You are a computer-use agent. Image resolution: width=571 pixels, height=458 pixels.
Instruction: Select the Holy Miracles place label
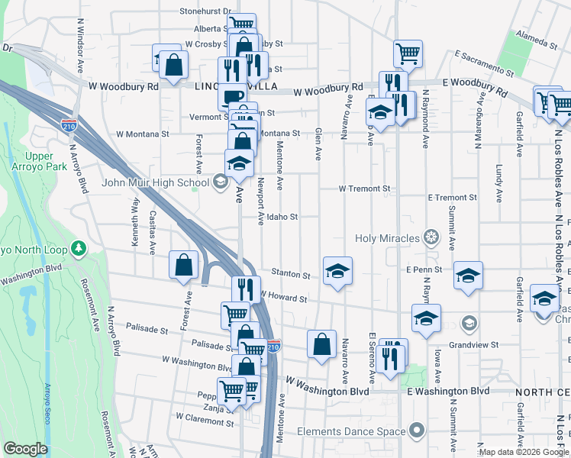387,238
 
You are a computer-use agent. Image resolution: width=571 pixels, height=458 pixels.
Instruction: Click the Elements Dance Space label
351,431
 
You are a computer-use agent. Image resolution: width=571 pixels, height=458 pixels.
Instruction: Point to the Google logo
25,449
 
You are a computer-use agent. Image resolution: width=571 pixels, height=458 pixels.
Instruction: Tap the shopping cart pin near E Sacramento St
408,53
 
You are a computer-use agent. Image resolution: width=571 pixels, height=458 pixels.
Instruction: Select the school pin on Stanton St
337,271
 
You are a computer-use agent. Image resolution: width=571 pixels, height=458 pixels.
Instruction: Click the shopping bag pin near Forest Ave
184,266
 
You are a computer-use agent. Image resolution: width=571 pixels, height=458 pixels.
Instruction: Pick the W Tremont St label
364,189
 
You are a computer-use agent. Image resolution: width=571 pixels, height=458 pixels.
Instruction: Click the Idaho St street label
281,217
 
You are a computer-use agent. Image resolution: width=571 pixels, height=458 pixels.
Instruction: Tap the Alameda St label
536,40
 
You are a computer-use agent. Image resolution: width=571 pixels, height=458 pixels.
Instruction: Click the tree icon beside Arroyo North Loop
77,248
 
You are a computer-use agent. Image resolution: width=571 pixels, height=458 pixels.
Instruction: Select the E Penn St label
424,270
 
